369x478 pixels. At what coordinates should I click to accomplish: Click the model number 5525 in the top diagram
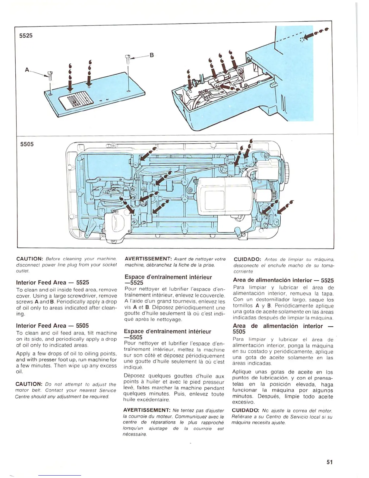[x=26, y=36]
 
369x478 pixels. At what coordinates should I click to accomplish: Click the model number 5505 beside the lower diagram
[x=27, y=144]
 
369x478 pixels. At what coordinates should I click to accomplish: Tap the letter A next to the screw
[x=27, y=70]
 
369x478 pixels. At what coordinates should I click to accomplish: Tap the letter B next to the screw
[x=152, y=55]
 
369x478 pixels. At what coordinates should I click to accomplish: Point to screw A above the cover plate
[x=50, y=75]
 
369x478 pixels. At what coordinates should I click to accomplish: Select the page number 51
[x=330, y=462]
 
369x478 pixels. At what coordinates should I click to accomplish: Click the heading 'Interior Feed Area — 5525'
[x=52, y=282]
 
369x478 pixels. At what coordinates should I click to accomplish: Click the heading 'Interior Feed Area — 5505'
[x=52, y=326]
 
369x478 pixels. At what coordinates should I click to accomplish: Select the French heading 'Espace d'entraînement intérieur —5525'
[x=168, y=280]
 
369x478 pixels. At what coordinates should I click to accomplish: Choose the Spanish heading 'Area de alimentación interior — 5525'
[x=283, y=280]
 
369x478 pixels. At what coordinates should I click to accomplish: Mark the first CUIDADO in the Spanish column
[x=247, y=259]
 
